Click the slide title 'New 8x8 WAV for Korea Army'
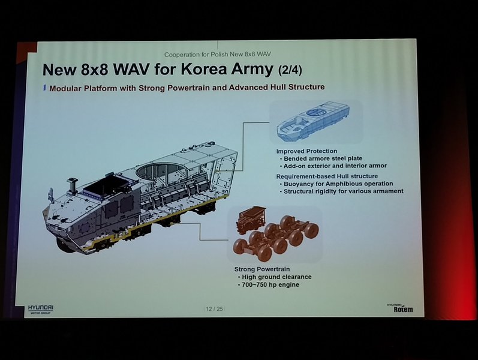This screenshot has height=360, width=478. click(x=158, y=70)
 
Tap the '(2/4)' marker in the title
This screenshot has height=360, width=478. click(x=290, y=70)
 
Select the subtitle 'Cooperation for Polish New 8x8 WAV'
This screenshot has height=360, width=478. click(x=217, y=55)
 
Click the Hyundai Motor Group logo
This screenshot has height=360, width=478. click(x=41, y=309)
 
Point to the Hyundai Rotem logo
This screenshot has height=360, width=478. click(x=400, y=308)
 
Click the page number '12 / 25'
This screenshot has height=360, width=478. click(x=214, y=309)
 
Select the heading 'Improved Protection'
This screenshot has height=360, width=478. click(x=306, y=151)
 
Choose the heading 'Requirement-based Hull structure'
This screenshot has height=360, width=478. click(x=327, y=176)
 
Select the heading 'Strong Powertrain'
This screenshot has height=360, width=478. click(x=262, y=269)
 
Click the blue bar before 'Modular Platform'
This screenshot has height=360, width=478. click(x=44, y=88)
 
